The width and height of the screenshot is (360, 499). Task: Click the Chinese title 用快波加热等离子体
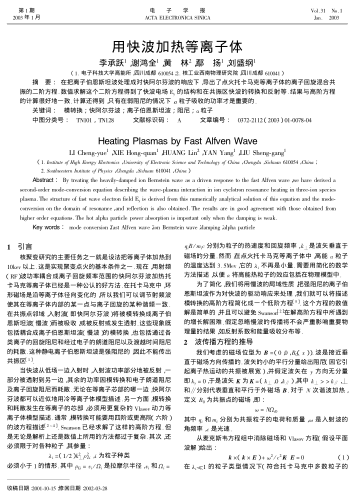[180, 46]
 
